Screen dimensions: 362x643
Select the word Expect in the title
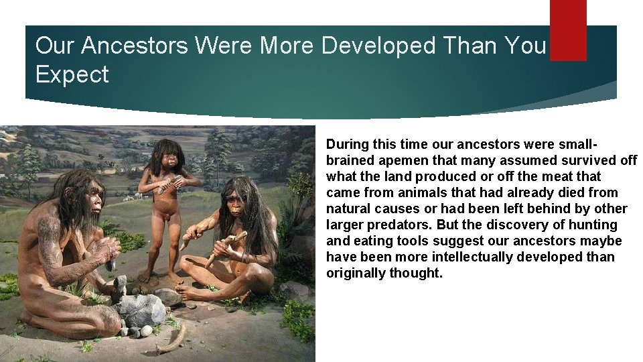pyautogui.click(x=72, y=74)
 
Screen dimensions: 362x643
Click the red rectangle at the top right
pyautogui.click(x=568, y=29)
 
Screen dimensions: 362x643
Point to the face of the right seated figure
pyautogui.click(x=236, y=200)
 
